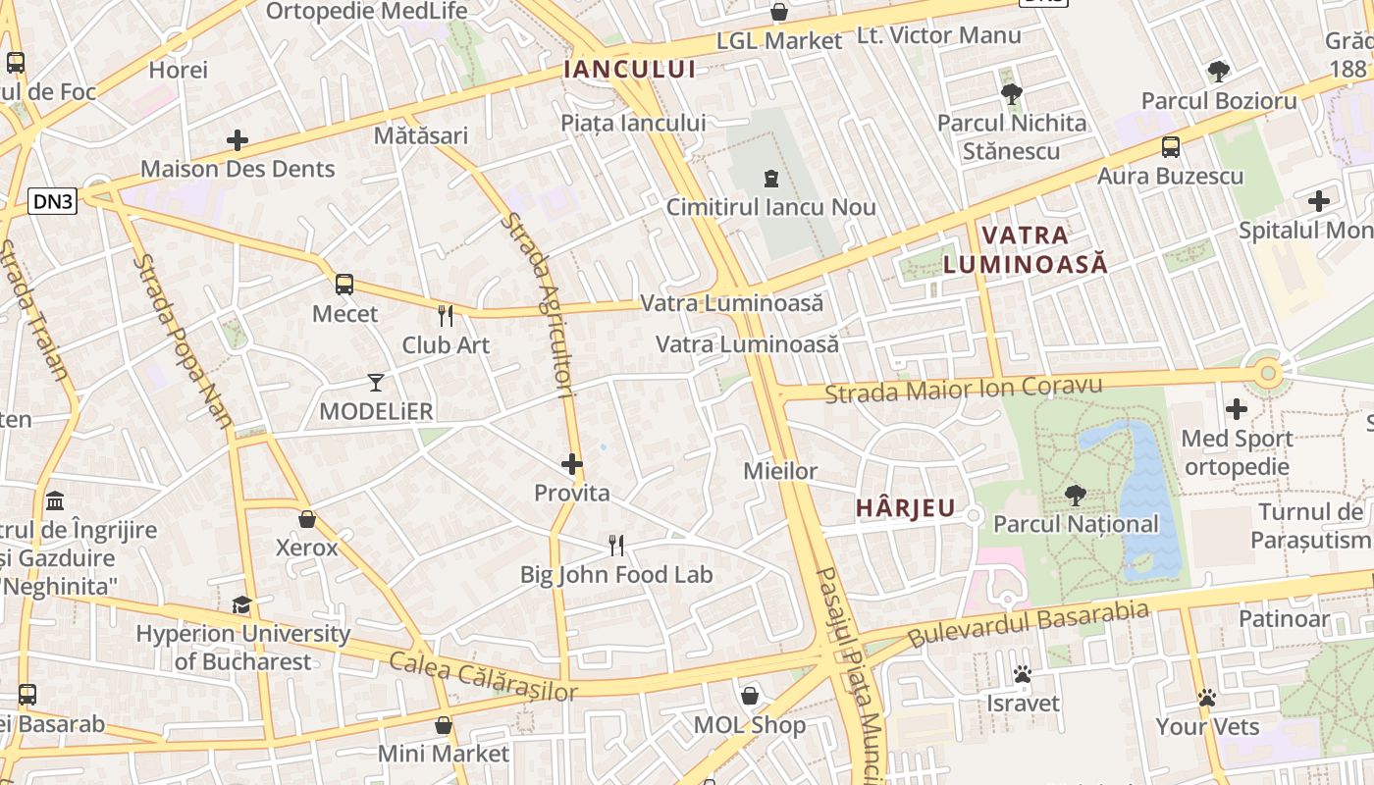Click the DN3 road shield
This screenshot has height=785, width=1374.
point(53,202)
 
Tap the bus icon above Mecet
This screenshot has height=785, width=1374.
point(343,285)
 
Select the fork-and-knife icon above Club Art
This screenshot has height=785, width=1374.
point(446,316)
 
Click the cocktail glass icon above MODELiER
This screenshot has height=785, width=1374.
point(376,382)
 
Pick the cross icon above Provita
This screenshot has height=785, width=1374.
point(572,464)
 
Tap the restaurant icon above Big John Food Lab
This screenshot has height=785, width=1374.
point(616,546)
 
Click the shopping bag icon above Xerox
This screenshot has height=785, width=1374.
point(307,519)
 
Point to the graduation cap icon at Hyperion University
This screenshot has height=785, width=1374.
point(241,604)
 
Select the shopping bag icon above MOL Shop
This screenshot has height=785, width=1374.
point(750,696)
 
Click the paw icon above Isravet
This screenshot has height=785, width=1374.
point(1023,674)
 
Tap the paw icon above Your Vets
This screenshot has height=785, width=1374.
point(1207,698)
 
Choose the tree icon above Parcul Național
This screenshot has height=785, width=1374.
point(1076,496)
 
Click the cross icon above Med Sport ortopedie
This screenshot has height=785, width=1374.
point(1237,409)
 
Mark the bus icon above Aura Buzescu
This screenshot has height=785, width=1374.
point(1171,147)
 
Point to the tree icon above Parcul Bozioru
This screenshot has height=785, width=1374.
point(1219,71)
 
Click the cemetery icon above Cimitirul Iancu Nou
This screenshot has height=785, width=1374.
point(770,179)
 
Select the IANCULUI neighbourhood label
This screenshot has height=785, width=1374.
point(630,69)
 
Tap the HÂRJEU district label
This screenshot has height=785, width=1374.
point(905,507)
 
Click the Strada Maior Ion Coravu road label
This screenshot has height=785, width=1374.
point(964,389)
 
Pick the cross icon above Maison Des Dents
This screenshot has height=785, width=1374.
point(238,140)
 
